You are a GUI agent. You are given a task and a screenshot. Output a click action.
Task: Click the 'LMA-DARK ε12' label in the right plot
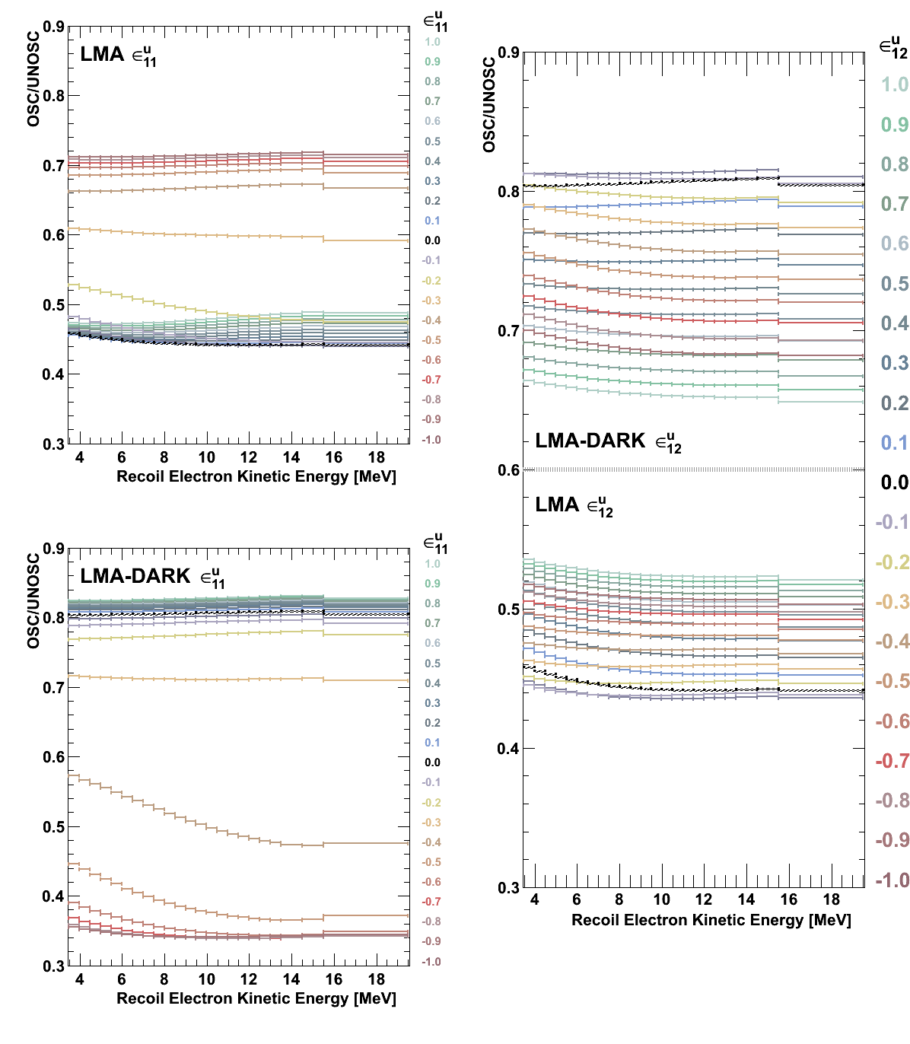coord(608,441)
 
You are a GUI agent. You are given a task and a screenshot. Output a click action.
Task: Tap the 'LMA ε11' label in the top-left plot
coord(118,55)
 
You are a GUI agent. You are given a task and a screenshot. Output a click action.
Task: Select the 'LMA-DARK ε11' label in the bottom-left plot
coord(151,577)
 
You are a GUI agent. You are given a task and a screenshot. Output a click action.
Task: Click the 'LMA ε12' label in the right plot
coord(574,505)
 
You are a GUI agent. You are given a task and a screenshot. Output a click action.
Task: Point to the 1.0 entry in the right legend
coord(895,84)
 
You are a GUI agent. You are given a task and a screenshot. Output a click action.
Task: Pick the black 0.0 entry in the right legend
coord(894,482)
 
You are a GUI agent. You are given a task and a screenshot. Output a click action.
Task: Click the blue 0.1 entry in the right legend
coord(895,443)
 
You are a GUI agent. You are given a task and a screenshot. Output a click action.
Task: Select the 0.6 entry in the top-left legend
coord(432,122)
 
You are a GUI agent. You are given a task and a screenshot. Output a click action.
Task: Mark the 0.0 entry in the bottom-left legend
coord(432,762)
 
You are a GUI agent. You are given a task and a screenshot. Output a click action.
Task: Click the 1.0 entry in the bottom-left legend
coord(432,564)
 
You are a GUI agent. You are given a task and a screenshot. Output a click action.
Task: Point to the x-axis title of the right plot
coord(711,920)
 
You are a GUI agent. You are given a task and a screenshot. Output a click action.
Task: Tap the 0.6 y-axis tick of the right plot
coord(509,470)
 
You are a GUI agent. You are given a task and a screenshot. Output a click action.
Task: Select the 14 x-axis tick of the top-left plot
coord(291,457)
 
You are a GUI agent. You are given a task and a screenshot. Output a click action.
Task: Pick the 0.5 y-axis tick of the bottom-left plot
coord(53,827)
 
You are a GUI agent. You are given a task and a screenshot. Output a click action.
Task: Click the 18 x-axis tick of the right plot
coord(832,899)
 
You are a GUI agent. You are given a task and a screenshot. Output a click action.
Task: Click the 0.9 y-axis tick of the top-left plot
coord(53,27)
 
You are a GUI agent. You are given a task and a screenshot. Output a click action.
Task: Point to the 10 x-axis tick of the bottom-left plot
coord(207,979)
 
